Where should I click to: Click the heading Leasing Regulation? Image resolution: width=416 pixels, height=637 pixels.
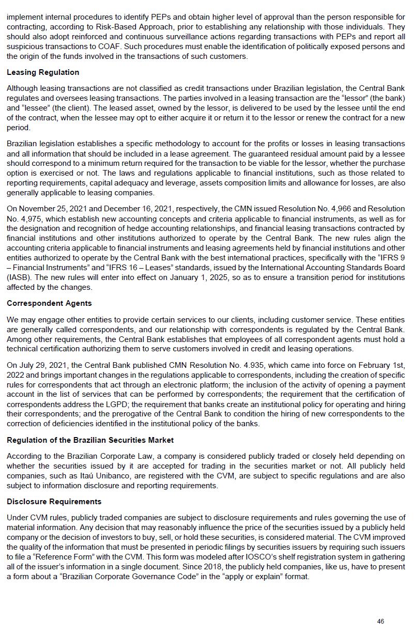point(43,72)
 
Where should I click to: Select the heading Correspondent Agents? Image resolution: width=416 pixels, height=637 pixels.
point(50,303)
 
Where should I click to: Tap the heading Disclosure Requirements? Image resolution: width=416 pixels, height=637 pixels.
point(54,502)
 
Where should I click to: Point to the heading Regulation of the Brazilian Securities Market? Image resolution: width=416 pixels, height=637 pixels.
point(90,440)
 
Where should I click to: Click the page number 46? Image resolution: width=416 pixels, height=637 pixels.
point(380,622)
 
